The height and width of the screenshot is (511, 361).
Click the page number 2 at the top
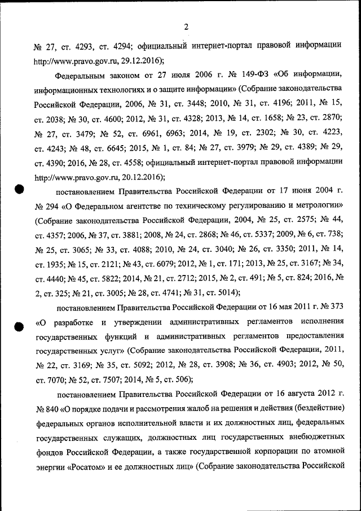186,26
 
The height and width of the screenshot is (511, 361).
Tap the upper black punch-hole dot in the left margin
19,189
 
